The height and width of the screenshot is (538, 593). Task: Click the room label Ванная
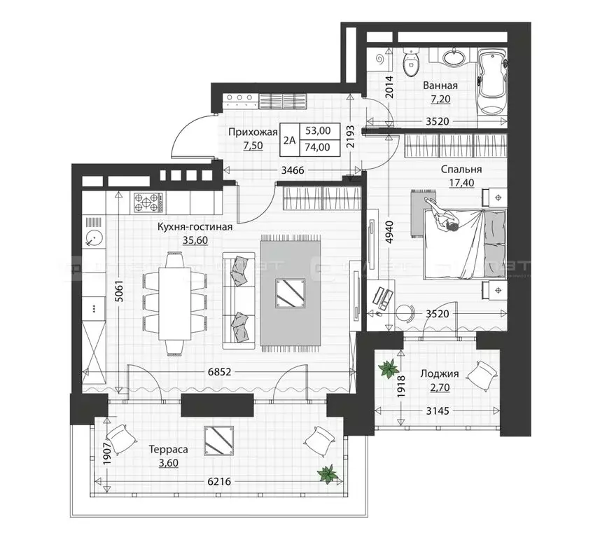click(440, 85)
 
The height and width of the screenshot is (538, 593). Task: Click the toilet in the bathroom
click(410, 65)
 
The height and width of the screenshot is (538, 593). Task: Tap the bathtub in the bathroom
click(491, 83)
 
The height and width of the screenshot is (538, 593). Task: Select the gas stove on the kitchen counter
click(148, 203)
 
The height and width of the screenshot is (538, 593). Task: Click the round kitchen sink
click(93, 239)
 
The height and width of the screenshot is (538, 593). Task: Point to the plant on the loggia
click(387, 369)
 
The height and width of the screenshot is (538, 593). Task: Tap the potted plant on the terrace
click(327, 475)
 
